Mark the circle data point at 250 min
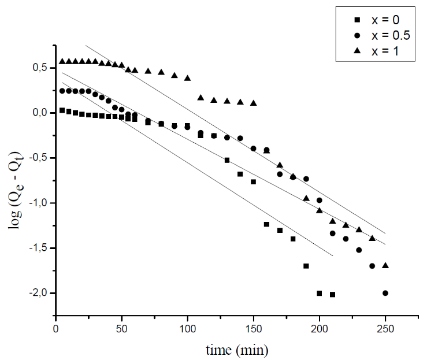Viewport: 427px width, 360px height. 385,293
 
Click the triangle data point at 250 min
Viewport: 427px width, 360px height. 385,265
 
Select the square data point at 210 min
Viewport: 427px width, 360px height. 332,294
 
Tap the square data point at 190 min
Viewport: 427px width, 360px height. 306,266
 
